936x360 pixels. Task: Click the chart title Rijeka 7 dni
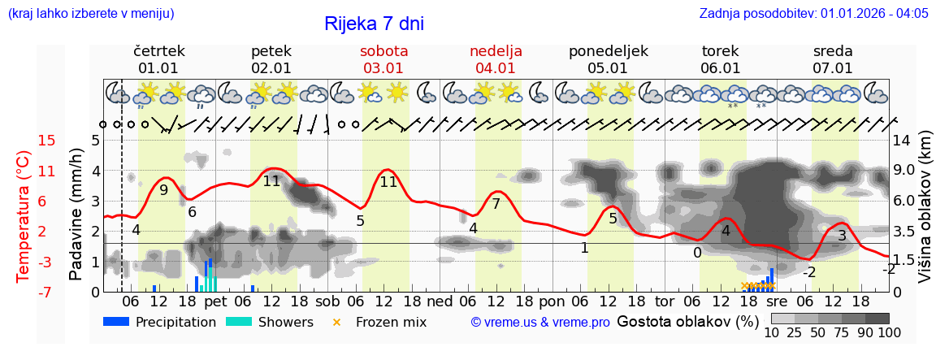[374, 24]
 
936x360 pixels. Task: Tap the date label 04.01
[496, 68]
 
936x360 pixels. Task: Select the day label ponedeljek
[608, 51]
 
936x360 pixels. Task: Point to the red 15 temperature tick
[47, 141]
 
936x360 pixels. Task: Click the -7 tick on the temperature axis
[47, 292]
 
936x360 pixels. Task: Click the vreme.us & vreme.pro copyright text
[540, 323]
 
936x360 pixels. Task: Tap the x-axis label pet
[215, 301]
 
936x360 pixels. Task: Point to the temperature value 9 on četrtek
[163, 190]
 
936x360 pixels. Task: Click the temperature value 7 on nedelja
[496, 204]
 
